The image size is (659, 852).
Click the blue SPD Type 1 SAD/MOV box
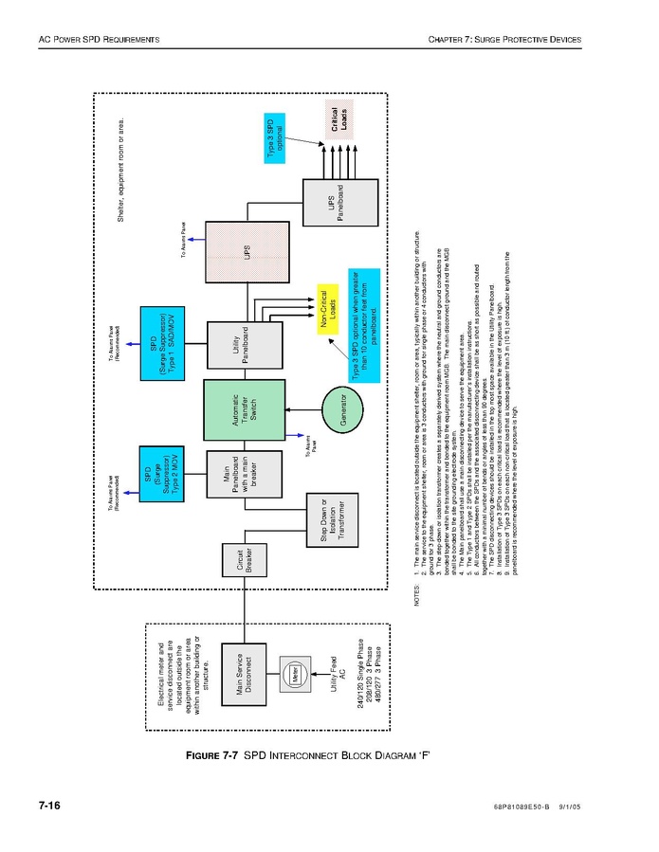click(161, 337)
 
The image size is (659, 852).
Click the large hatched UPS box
click(247, 252)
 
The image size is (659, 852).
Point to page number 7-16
click(49, 807)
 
